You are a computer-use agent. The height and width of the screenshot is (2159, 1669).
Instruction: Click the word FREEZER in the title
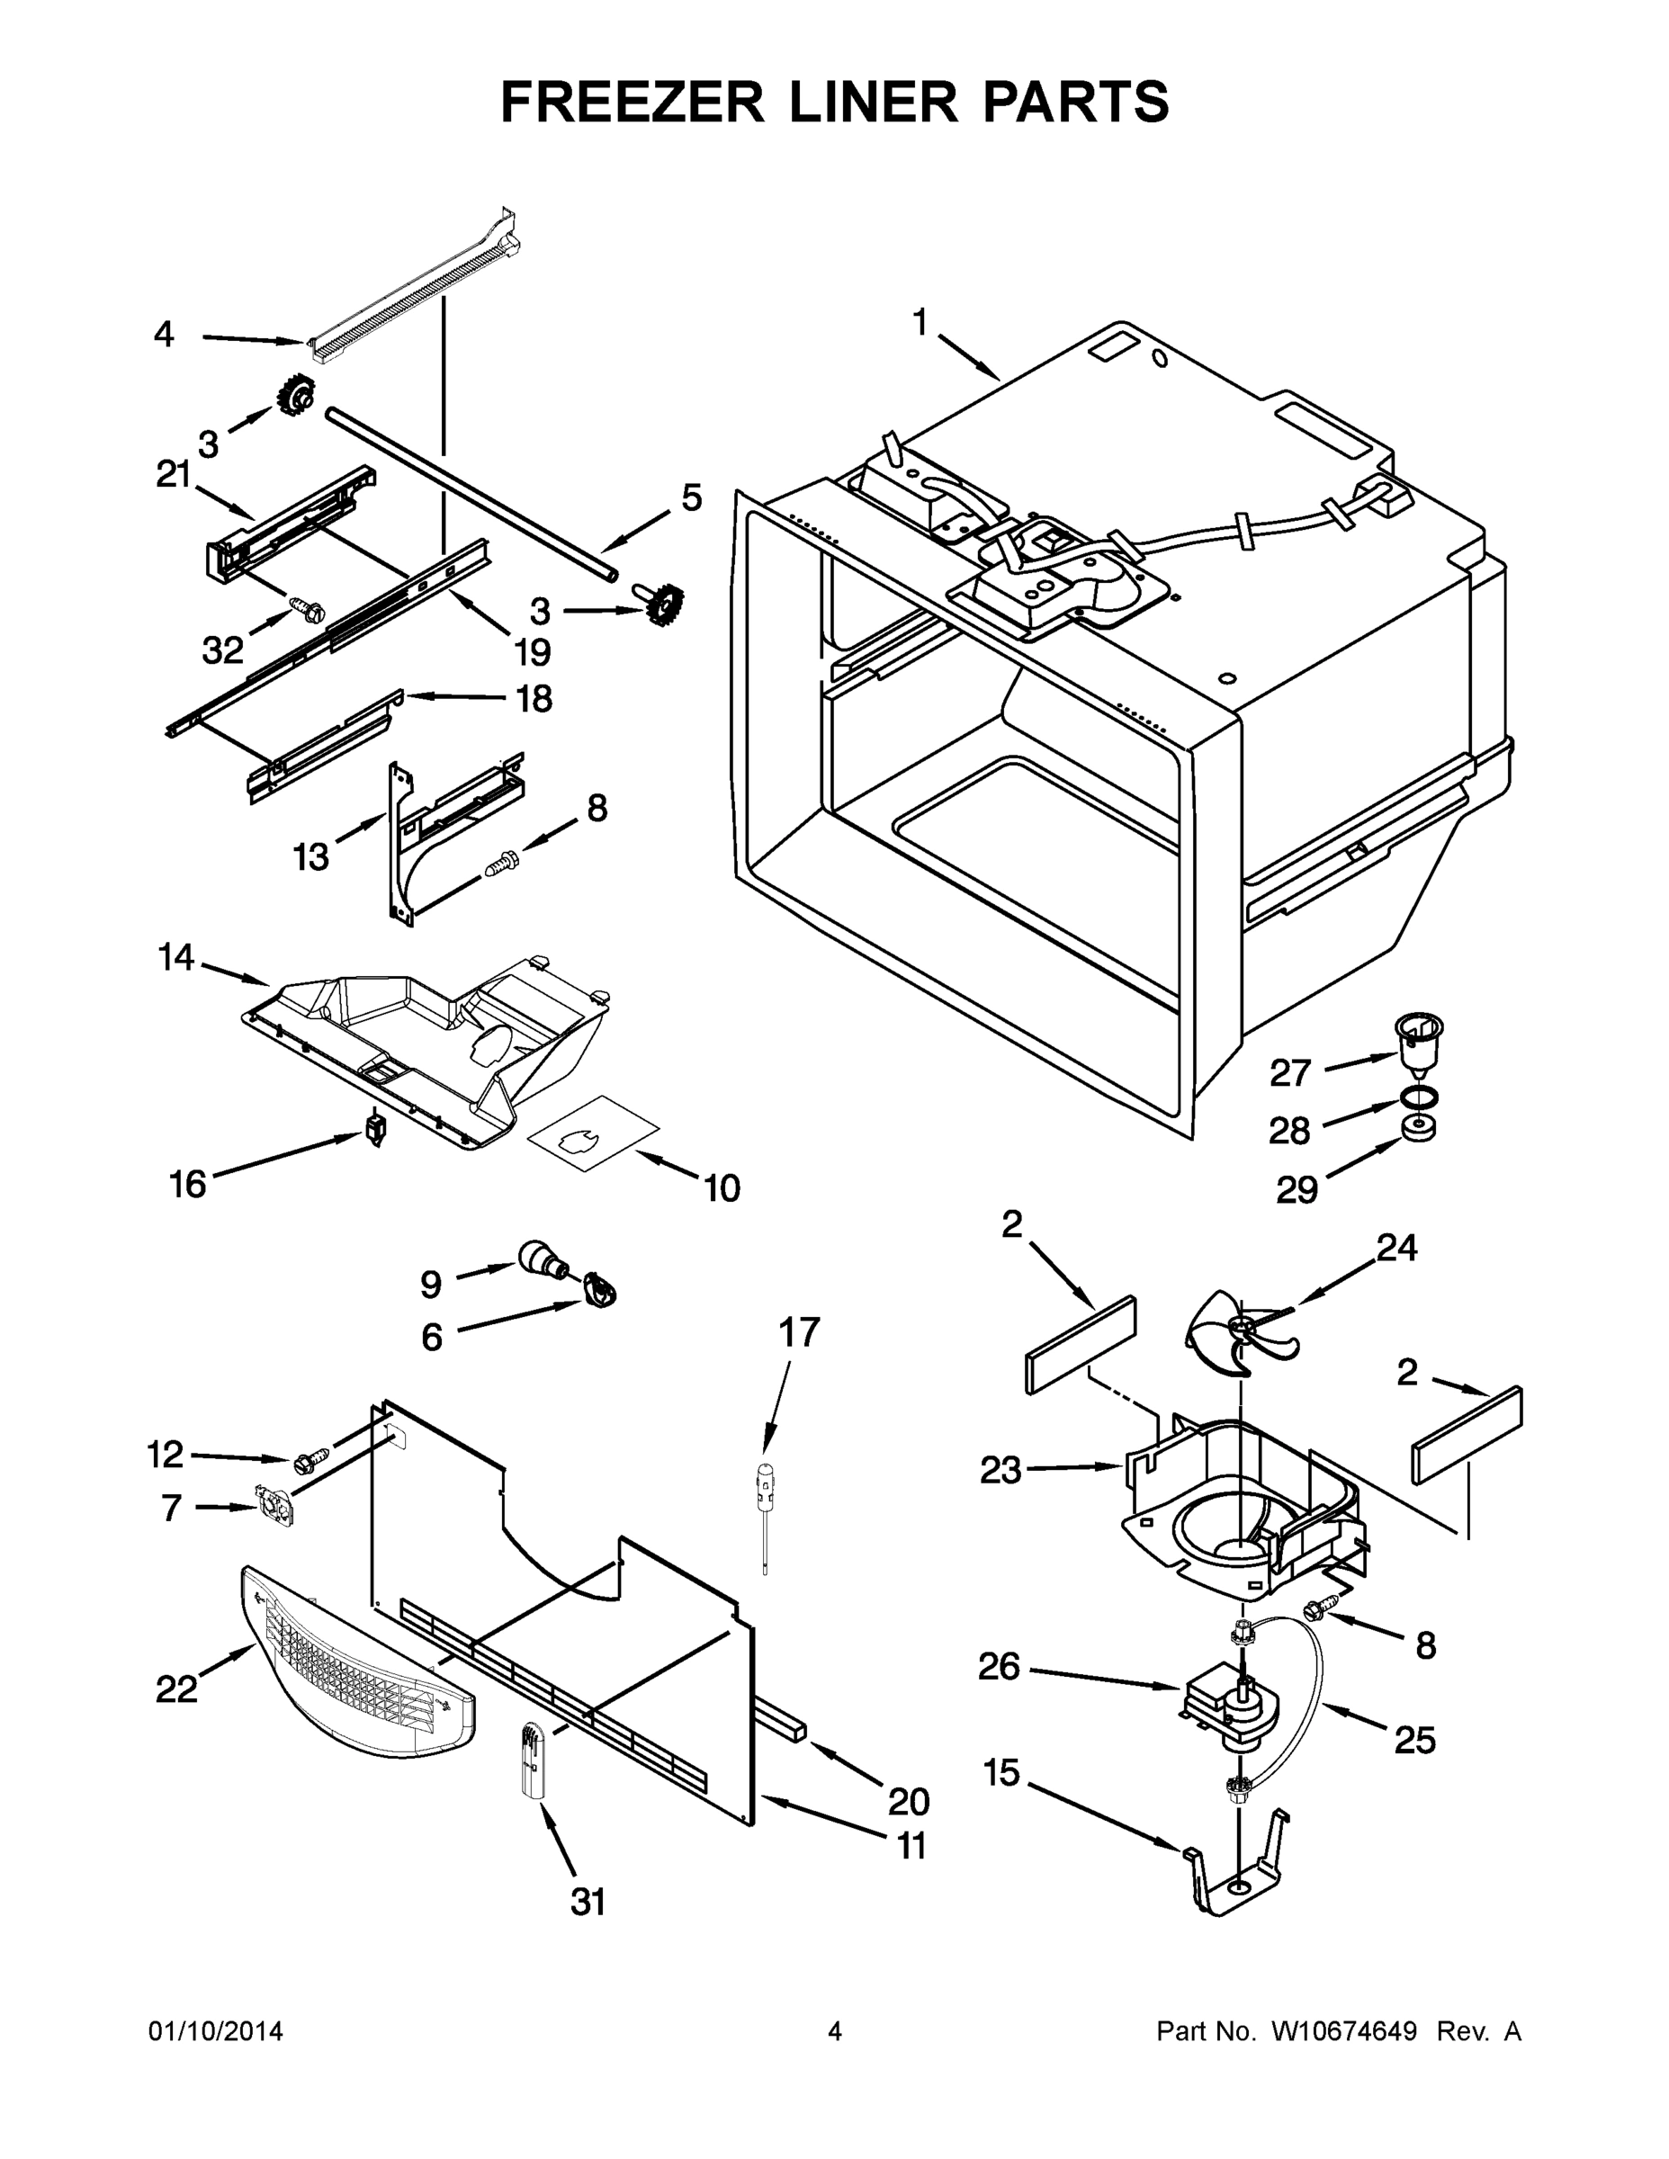point(631,102)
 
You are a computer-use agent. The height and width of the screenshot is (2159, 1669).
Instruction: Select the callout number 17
point(799,1332)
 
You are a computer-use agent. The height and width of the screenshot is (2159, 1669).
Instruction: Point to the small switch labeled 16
point(374,1128)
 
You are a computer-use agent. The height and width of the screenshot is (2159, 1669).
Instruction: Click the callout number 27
point(1289,1072)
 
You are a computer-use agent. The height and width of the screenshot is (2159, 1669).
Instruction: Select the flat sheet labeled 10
point(593,1133)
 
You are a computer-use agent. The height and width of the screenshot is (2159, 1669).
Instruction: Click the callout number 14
point(176,957)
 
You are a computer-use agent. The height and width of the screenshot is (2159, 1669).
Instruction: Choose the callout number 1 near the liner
point(920,322)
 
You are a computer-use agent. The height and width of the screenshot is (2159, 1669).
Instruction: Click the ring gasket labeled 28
point(1419,1097)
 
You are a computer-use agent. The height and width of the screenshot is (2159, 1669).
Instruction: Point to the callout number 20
point(908,1801)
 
